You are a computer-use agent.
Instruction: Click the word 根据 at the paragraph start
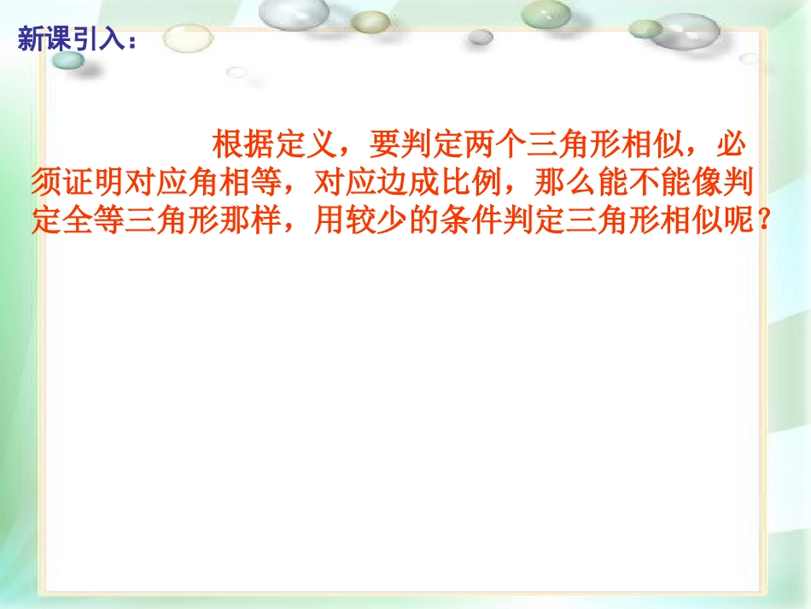(x=244, y=146)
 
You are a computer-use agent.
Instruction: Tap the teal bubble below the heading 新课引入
(x=69, y=60)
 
